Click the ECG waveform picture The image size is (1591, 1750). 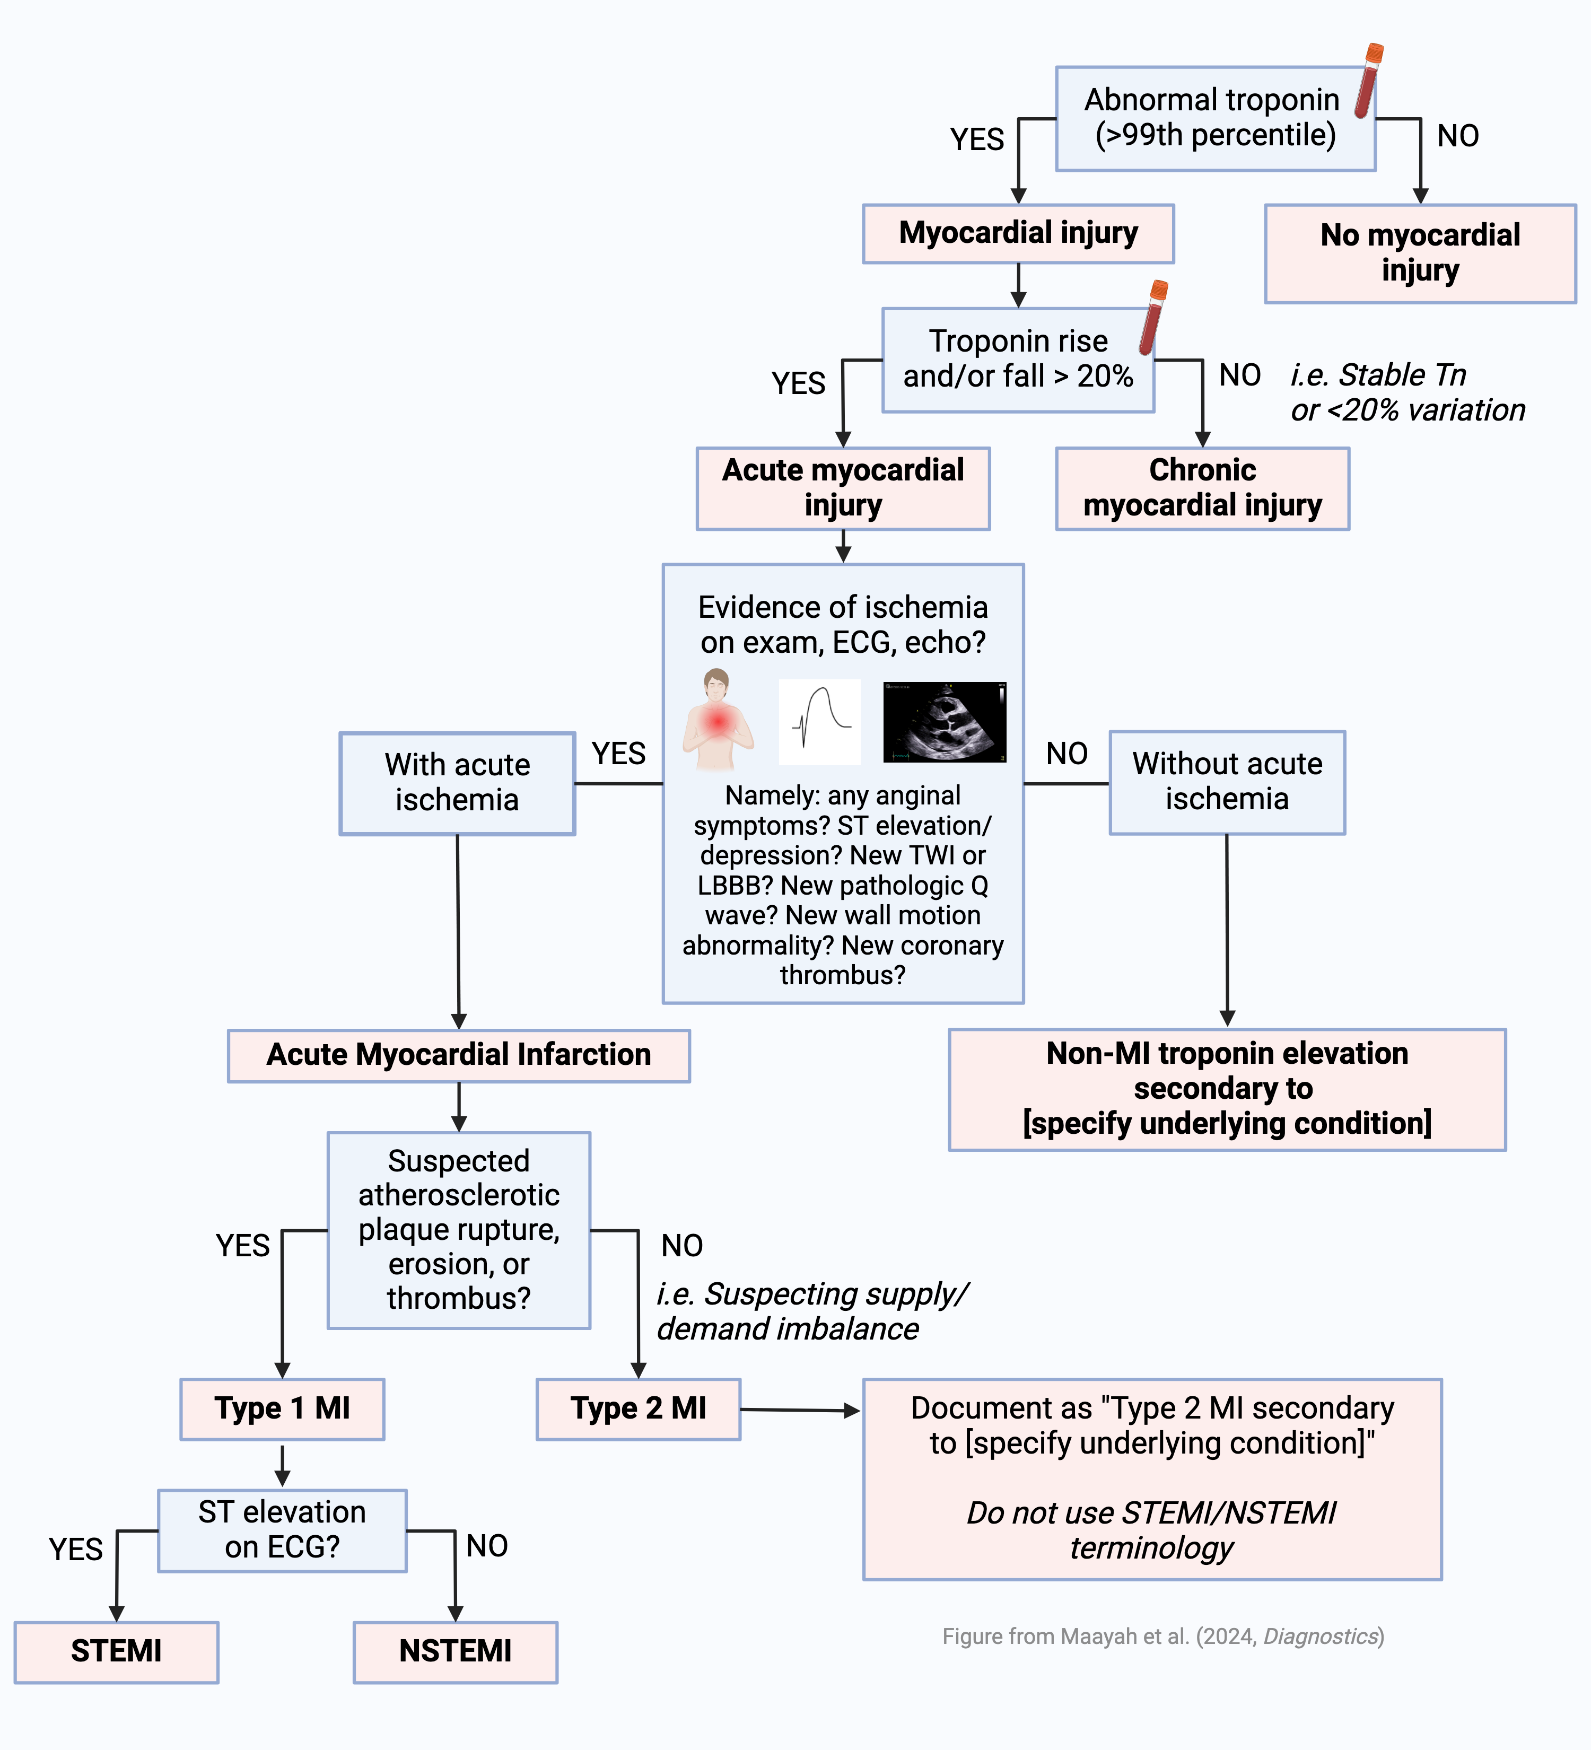[x=819, y=722]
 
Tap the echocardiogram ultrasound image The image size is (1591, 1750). [x=945, y=722]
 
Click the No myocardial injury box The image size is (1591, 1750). [x=1420, y=253]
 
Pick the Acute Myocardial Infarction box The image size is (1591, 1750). [x=458, y=1055]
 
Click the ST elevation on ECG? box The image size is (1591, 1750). [x=282, y=1530]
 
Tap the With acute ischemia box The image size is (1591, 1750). [x=458, y=783]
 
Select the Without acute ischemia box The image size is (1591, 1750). [x=1227, y=782]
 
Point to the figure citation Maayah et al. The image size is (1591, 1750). [x=1163, y=1637]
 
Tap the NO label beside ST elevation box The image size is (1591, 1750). [x=487, y=1546]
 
